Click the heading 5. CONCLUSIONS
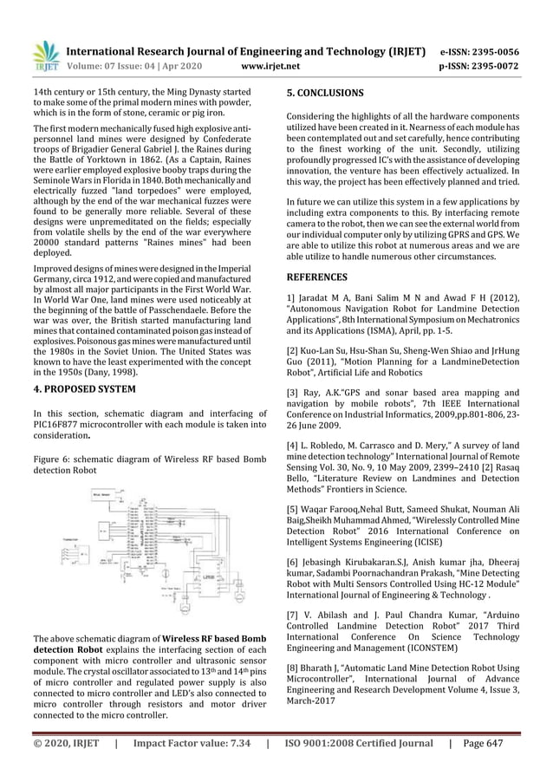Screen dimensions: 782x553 pyautogui.click(x=325, y=92)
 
